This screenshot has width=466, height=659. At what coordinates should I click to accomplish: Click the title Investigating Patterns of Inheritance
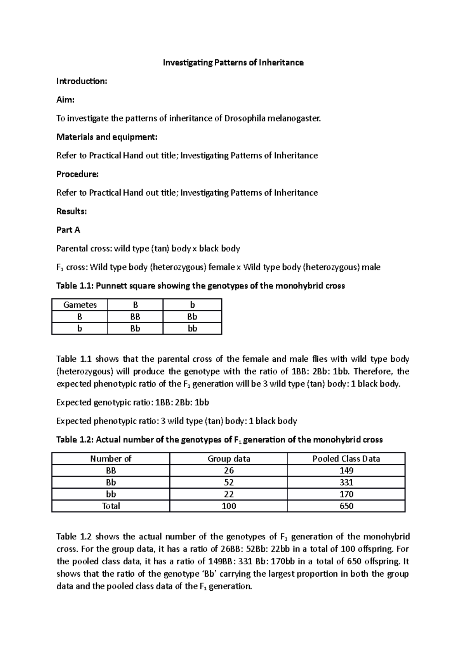(233, 62)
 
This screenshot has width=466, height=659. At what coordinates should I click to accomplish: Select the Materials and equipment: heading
(107, 137)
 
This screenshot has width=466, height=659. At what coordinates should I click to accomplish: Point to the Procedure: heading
(77, 174)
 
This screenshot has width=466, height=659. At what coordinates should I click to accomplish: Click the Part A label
(68, 230)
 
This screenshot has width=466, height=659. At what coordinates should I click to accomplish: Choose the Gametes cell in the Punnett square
(80, 305)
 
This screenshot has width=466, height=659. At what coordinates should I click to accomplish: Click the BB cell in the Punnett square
(135, 317)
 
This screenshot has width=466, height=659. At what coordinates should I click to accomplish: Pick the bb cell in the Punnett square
(192, 329)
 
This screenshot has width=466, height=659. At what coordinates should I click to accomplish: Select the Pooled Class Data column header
(346, 459)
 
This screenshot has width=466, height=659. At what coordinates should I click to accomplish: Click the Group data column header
(229, 459)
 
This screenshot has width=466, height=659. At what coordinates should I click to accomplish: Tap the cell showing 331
(346, 482)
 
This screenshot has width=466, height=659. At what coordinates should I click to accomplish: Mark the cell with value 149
(346, 471)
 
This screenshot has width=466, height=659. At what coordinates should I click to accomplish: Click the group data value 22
(229, 494)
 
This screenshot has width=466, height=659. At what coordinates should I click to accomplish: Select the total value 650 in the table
(346, 506)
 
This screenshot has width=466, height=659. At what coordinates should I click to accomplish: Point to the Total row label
(111, 506)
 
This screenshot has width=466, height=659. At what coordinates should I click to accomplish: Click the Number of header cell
(111, 459)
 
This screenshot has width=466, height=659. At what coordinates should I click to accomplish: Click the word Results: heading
(71, 212)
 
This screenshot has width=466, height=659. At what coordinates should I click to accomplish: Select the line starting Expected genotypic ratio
(132, 402)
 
